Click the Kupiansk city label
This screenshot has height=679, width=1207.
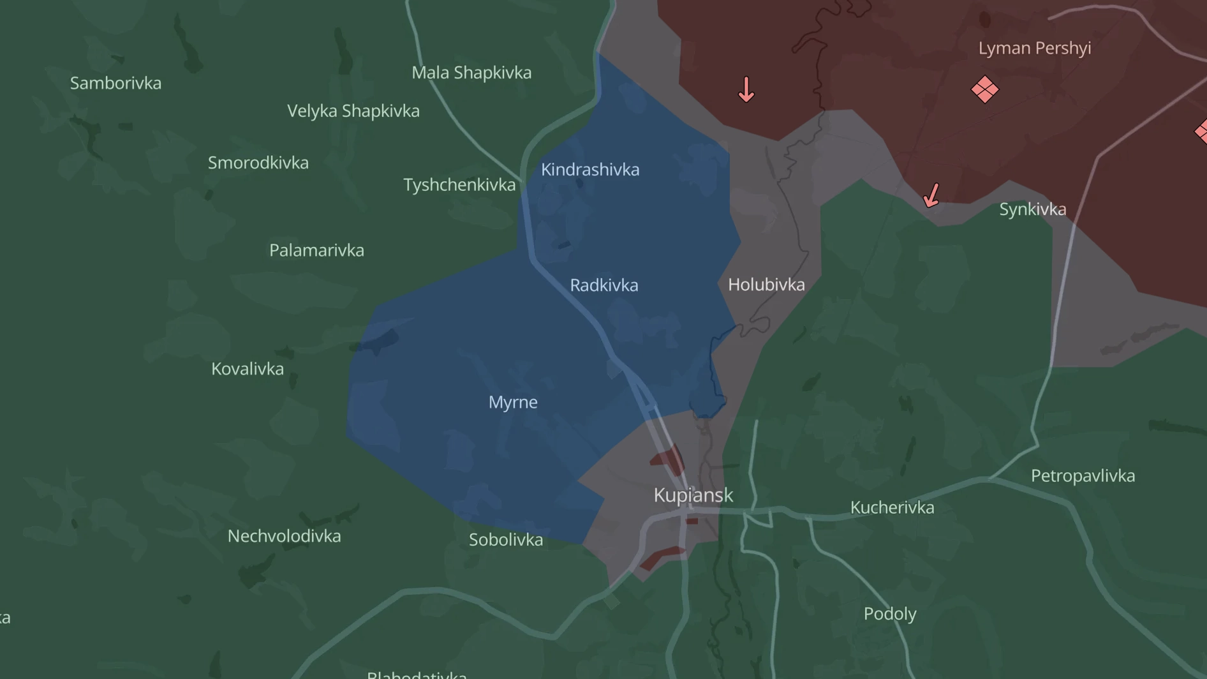click(x=693, y=495)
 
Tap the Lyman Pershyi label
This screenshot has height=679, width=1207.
click(x=1034, y=48)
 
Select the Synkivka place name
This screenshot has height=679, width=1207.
click(x=1032, y=209)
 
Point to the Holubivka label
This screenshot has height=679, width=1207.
click(x=766, y=285)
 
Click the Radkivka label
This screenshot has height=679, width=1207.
click(x=603, y=285)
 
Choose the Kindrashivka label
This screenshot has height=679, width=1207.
click(x=590, y=170)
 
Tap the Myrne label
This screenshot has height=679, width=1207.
click(x=513, y=402)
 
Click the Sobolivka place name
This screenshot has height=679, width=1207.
click(x=506, y=540)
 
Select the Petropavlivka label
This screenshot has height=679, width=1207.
click(x=1083, y=476)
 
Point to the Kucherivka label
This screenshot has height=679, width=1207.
click(x=892, y=508)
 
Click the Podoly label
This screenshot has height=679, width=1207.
click(x=889, y=614)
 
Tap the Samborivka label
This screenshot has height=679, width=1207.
click(x=115, y=83)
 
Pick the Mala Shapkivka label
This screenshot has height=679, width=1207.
click(x=471, y=73)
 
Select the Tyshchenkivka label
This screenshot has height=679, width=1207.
click(x=459, y=185)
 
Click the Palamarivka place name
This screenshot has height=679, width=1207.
click(x=316, y=250)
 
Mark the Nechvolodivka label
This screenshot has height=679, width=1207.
click(x=284, y=536)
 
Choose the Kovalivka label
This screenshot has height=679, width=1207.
click(x=248, y=369)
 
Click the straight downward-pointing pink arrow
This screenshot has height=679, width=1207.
click(x=746, y=89)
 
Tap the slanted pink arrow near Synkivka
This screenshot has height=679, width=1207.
click(x=931, y=195)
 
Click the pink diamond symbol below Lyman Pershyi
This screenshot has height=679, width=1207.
click(x=984, y=89)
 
